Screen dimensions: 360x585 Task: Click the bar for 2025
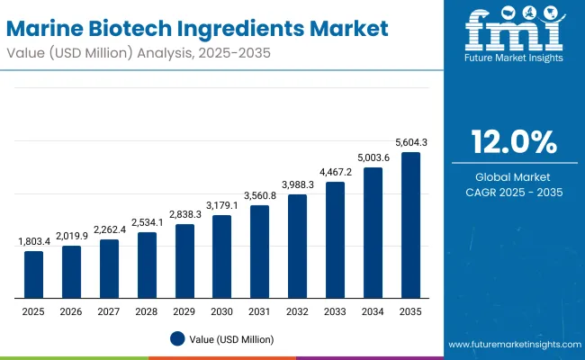[x=33, y=274]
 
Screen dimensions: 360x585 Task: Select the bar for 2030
[x=221, y=256]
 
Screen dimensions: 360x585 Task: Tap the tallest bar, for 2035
[x=410, y=225]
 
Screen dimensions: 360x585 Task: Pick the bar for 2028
[x=147, y=265]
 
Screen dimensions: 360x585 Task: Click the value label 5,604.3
[x=410, y=142]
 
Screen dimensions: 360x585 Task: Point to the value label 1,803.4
[x=33, y=242]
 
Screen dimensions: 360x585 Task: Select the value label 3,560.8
[x=259, y=195]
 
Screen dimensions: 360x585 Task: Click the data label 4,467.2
[x=335, y=172]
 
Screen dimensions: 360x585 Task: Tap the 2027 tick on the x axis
[x=109, y=310]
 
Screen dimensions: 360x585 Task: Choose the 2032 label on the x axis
[x=297, y=310]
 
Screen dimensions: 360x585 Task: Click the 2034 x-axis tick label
[x=373, y=310]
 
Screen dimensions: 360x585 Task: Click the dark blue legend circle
[x=176, y=338]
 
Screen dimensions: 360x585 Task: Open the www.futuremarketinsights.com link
[x=510, y=345]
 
